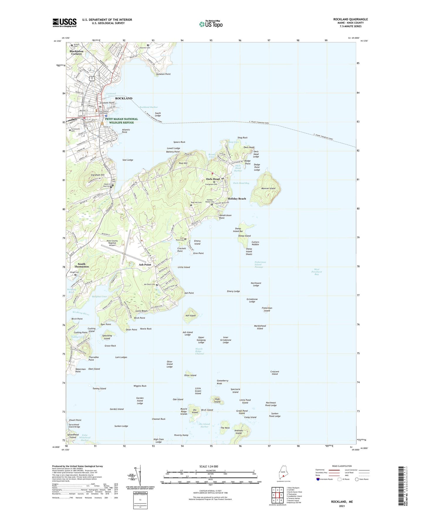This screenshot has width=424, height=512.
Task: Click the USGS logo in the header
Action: (65, 22)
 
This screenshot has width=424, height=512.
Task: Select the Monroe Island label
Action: (268, 188)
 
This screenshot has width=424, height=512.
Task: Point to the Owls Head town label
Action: (213, 179)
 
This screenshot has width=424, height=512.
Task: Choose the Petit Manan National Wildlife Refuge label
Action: (121, 121)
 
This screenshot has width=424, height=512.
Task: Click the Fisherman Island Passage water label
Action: (260, 265)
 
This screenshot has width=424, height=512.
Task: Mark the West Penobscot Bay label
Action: (317, 272)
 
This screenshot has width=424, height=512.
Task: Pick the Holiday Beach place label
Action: (237, 199)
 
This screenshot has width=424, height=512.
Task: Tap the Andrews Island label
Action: (239, 432)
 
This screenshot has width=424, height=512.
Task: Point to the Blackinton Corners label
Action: (77, 52)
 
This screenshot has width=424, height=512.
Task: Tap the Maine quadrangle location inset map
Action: (283, 474)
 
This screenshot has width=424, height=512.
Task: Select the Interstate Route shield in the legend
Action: (318, 479)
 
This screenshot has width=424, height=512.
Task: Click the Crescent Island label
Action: (275, 373)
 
